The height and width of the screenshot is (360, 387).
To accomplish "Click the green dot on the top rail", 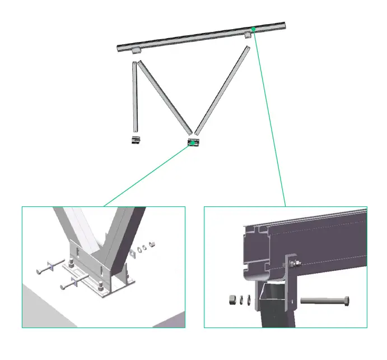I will tap(254, 29).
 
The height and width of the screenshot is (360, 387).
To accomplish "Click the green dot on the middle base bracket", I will tap(193, 142).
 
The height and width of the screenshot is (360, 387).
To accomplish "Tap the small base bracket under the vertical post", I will tap(134, 139).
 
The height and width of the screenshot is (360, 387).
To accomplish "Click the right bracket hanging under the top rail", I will tap(248, 36).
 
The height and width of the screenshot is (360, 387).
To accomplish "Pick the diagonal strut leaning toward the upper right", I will tap(222, 90).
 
